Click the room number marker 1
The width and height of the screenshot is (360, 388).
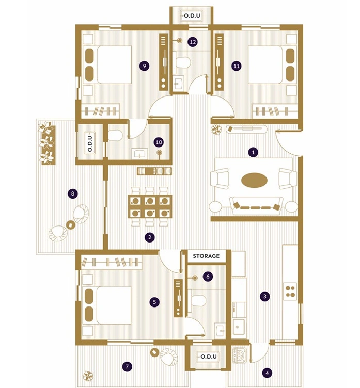(253, 152)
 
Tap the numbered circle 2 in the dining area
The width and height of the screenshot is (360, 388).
(150, 238)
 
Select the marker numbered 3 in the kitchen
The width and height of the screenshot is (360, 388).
(265, 296)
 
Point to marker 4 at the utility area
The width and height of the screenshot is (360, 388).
(267, 372)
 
